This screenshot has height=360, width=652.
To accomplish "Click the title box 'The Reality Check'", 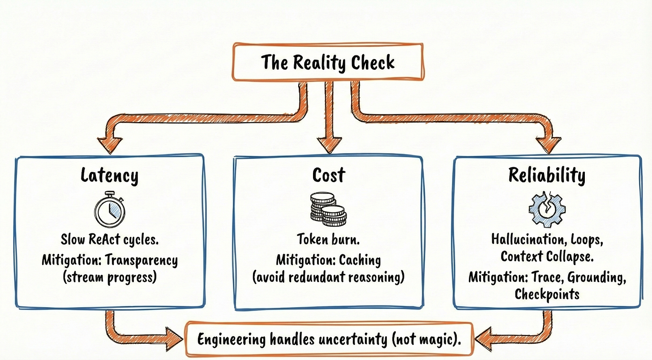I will pos(328,62).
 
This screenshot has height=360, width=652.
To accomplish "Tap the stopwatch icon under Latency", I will pos(110,209).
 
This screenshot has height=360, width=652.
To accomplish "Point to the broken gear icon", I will pos(547,209).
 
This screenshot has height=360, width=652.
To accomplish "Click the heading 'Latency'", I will pos(110,175).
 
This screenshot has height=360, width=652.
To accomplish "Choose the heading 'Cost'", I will pos(329,175).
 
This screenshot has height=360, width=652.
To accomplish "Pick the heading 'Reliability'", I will pos(547,176).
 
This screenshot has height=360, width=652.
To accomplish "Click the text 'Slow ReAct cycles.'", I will pos(110,240).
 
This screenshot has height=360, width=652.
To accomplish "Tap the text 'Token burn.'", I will pos(328,239).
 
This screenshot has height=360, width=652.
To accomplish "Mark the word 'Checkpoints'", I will pos(547,294).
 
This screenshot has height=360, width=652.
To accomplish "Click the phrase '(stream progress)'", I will pos(110,278).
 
